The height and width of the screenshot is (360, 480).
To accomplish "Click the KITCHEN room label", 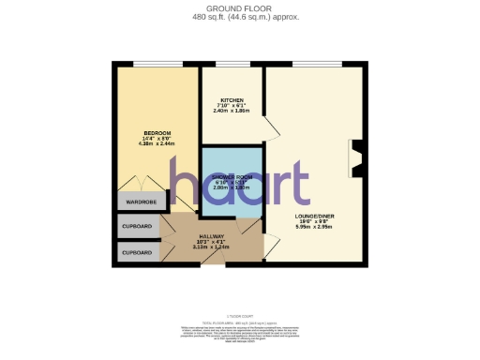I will [x=232, y=100].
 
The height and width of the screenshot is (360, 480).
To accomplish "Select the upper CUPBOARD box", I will [x=137, y=227].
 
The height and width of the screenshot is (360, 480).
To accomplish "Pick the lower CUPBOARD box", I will [x=137, y=252].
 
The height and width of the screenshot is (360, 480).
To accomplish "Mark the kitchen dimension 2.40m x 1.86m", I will [x=232, y=112].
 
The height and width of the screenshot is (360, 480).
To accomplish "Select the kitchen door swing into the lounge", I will [x=269, y=128].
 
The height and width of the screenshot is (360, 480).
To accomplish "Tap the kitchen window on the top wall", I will [x=232, y=64].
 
